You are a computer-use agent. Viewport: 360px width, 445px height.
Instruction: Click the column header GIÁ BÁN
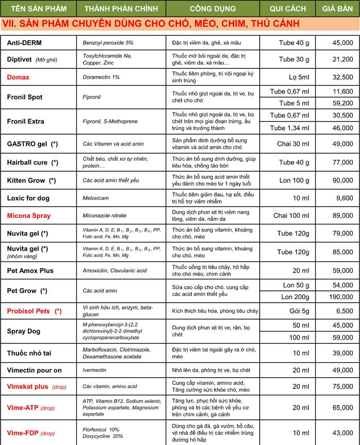[x=336, y=9]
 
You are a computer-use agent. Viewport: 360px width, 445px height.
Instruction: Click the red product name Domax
[x=18, y=78]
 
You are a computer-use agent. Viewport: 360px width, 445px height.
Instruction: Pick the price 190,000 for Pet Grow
[x=340, y=297]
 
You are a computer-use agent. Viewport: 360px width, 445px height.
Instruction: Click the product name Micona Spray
[x=29, y=216]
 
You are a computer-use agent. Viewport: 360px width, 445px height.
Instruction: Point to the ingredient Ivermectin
[x=96, y=370]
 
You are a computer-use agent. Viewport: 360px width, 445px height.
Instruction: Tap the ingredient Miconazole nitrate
[x=104, y=216]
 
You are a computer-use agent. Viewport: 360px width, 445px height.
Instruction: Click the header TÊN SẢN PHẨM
[x=38, y=9]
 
